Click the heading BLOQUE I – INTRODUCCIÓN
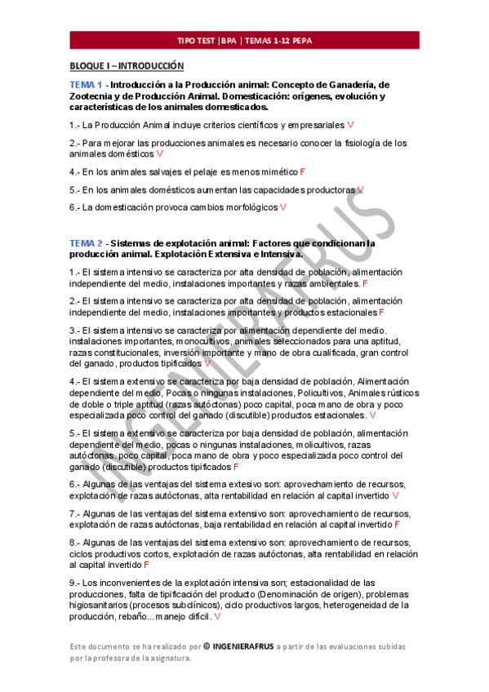(127, 66)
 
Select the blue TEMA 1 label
(86, 85)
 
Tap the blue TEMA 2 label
(86, 243)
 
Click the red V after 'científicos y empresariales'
(350, 126)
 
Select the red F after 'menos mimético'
(302, 172)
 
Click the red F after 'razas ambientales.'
(365, 283)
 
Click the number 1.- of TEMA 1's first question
(74, 126)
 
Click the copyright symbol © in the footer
(207, 646)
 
